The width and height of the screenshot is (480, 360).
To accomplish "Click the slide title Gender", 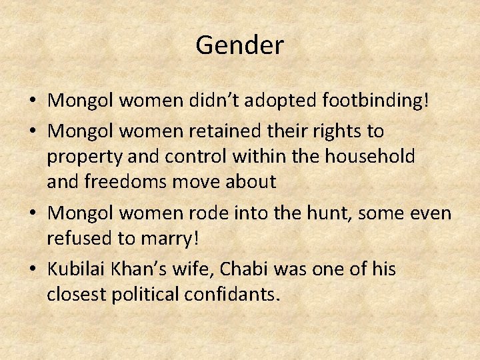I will point(240,45).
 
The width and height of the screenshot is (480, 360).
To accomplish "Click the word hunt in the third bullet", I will point(320,213).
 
